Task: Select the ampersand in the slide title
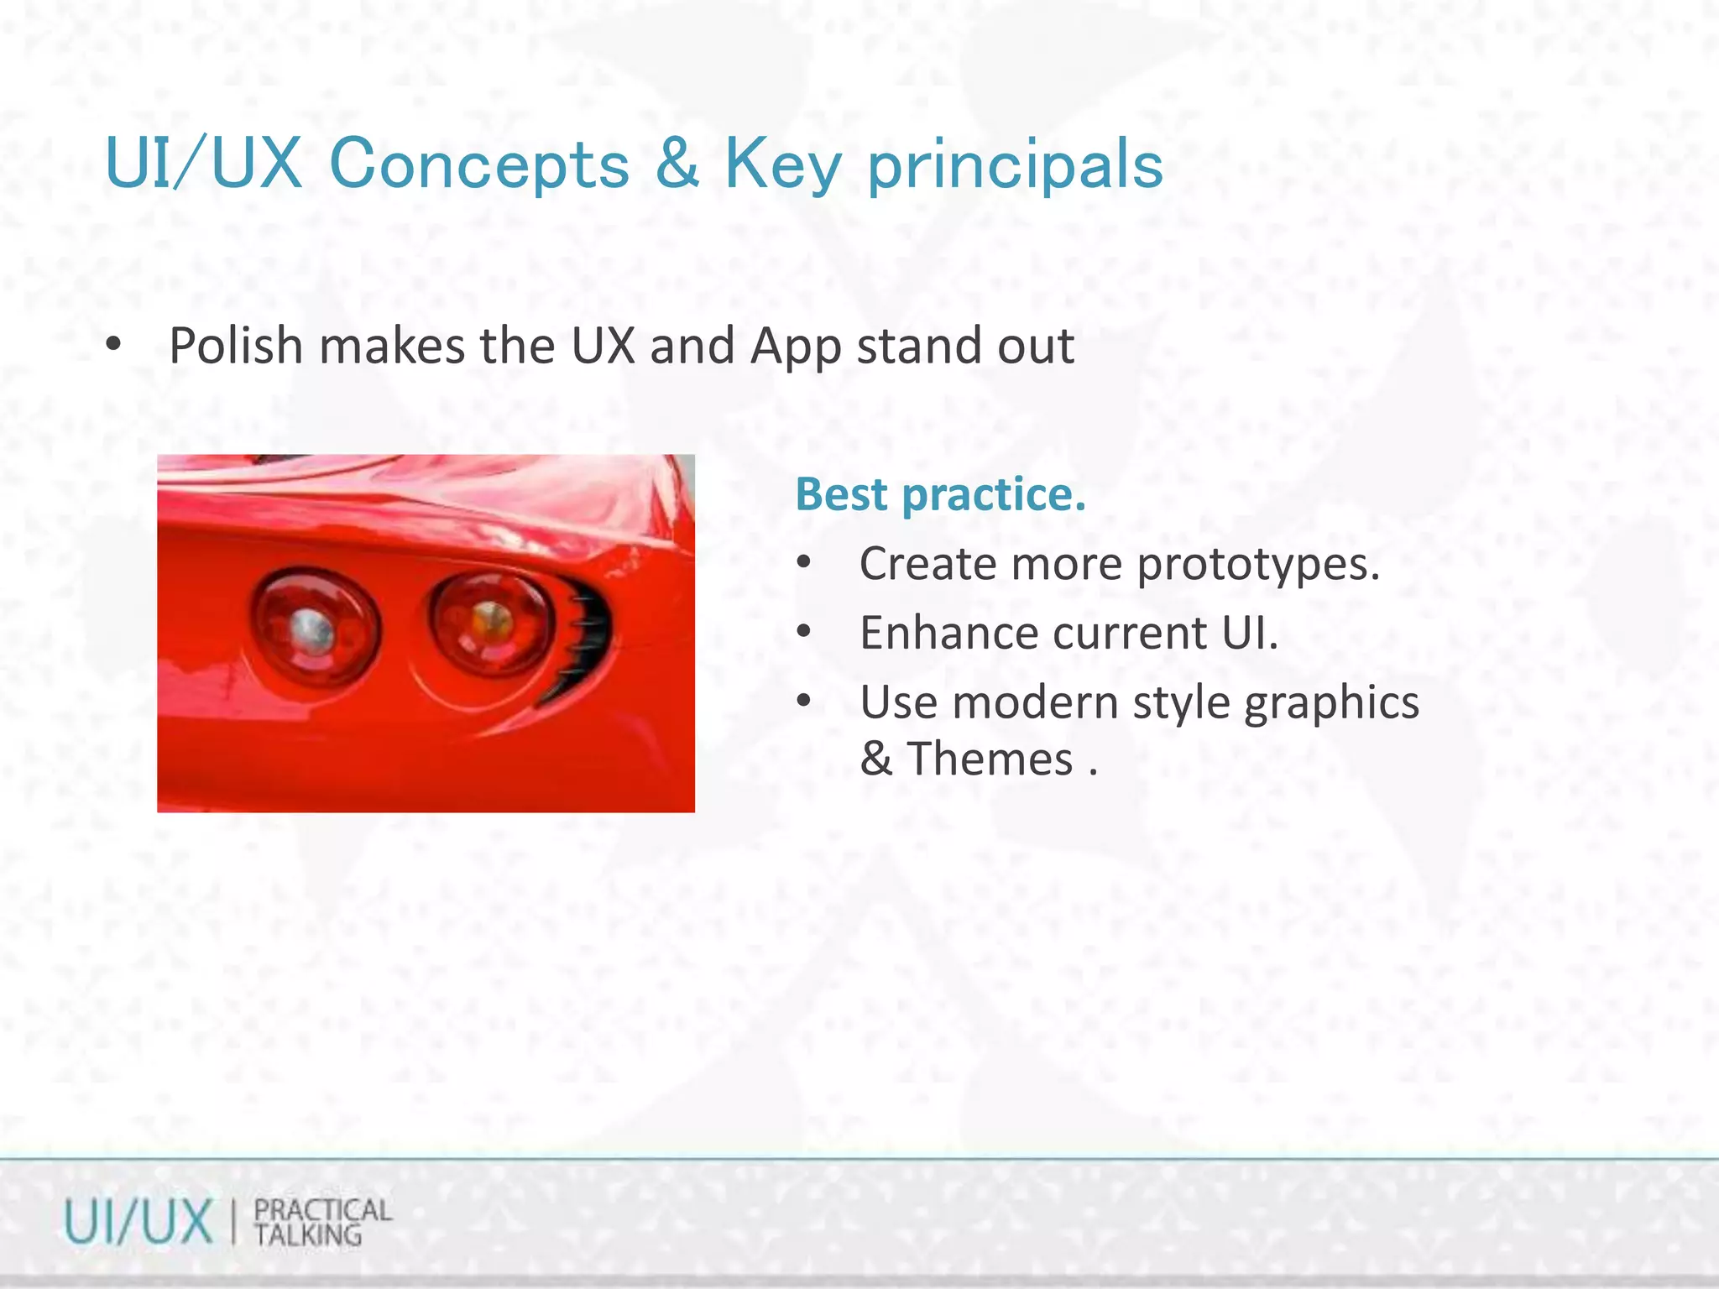pos(677,163)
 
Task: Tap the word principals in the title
pos(1014,166)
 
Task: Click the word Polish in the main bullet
pos(236,346)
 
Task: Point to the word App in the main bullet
pos(795,347)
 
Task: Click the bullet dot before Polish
pos(113,345)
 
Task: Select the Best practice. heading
pos(940,493)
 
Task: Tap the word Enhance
pos(948,633)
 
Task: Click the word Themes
pos(990,759)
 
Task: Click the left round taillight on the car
pos(313,627)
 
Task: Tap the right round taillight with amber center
pos(491,622)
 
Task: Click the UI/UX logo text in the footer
pos(138,1223)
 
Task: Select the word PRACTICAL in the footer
pos(322,1210)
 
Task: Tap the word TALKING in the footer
pos(307,1235)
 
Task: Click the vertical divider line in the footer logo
pos(233,1223)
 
